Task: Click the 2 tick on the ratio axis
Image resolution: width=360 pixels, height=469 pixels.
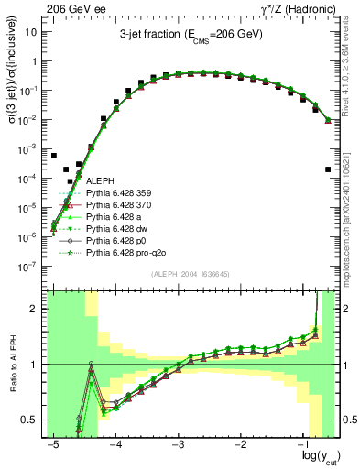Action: click(x=38, y=309)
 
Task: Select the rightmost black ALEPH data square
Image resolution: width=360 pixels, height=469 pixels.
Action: click(x=327, y=169)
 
